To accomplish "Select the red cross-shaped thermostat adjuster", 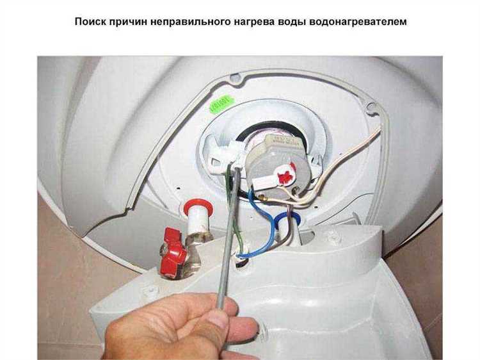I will click(282, 172).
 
